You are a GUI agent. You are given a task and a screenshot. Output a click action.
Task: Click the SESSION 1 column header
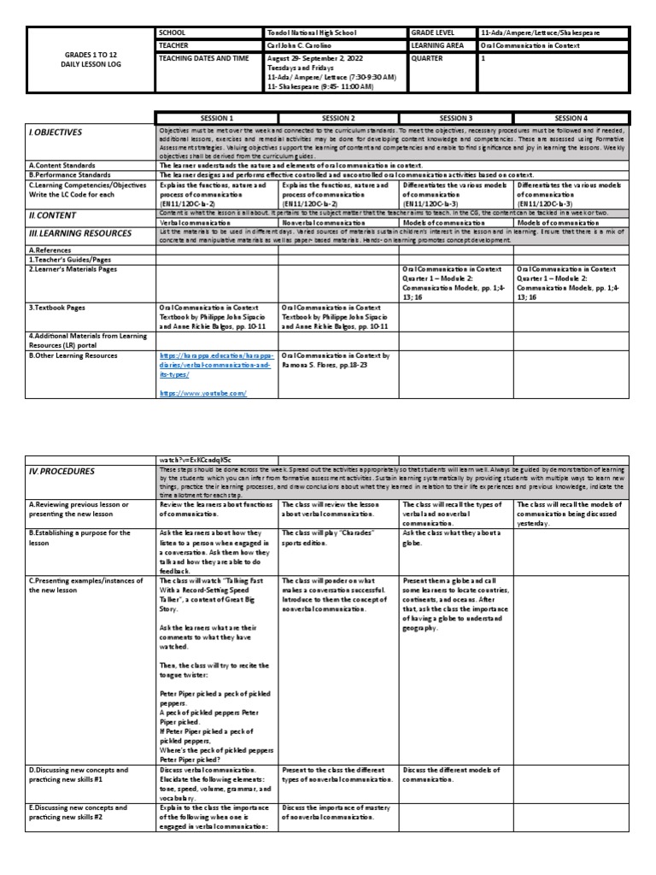coord(216,117)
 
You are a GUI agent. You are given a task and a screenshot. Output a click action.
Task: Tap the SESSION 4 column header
coord(572,117)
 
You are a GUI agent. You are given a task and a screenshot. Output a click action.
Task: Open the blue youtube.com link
coord(202,392)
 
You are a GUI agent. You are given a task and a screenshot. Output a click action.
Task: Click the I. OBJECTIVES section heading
coord(56,132)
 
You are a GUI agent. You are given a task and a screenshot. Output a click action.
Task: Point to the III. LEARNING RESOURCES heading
coord(80,232)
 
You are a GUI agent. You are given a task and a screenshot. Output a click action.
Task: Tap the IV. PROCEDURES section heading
coord(61,471)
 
